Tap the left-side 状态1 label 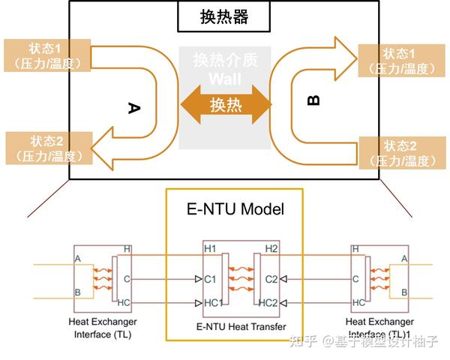click(x=47, y=53)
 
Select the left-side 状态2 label click(x=47, y=148)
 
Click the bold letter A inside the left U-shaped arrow click(x=134, y=109)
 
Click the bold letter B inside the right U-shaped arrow click(x=313, y=100)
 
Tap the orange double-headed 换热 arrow click(x=226, y=103)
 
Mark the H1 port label click(x=209, y=247)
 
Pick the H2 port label click(x=271, y=247)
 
